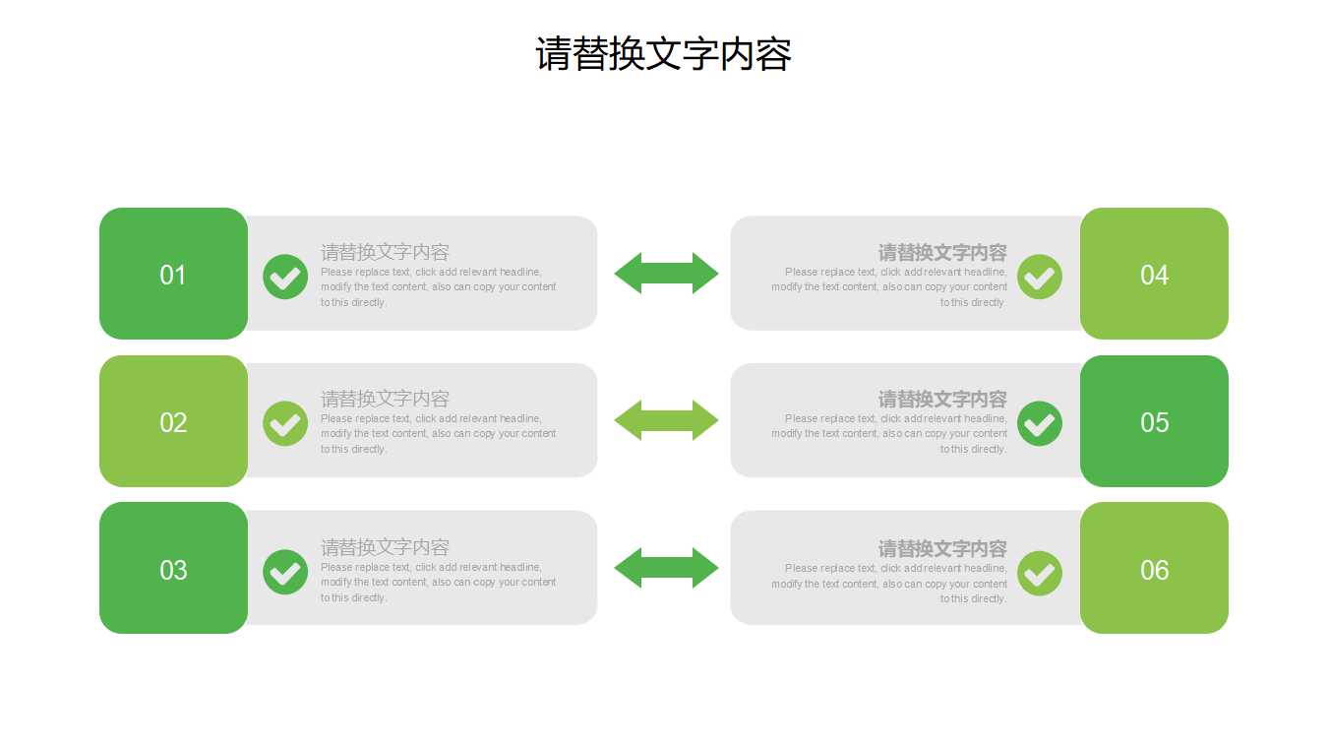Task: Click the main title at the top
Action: (x=663, y=54)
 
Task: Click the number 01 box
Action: (x=173, y=274)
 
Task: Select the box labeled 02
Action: (x=173, y=421)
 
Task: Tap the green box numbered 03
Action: (x=173, y=568)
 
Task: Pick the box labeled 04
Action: (x=1154, y=274)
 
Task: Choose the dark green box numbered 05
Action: (x=1154, y=421)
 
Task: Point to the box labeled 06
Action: (x=1154, y=568)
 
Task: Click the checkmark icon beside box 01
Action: (x=285, y=277)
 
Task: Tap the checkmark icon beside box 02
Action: (x=285, y=423)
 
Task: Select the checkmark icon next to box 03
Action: (x=285, y=572)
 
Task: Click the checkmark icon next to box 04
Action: (x=1039, y=277)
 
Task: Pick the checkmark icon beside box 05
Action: (x=1039, y=423)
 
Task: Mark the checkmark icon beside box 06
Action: (x=1039, y=573)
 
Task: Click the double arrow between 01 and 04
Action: (x=666, y=273)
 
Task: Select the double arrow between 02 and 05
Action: (x=666, y=420)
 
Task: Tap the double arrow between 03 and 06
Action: (x=666, y=568)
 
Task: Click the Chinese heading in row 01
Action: (x=385, y=252)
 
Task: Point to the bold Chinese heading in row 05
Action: (x=942, y=400)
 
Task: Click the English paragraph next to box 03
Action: (x=438, y=582)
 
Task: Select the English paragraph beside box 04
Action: (x=889, y=287)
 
